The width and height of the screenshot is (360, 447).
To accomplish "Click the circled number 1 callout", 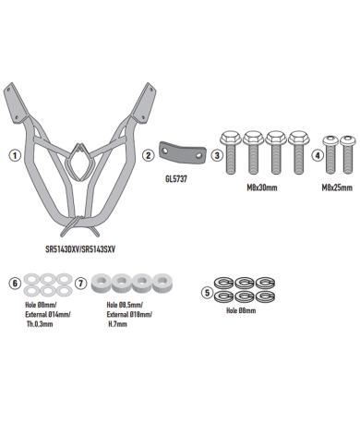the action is (x=15, y=155).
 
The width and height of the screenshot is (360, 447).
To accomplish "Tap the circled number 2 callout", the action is (x=149, y=155).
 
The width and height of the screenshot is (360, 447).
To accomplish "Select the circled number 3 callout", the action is (x=217, y=155).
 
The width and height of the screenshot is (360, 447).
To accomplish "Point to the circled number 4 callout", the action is (x=318, y=155).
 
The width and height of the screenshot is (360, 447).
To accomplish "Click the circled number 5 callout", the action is (x=207, y=293).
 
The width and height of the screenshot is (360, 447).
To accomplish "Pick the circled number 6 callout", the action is (x=15, y=283).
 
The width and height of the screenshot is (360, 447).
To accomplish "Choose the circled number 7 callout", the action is (x=81, y=283).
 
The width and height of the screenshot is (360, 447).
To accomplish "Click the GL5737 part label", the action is (x=176, y=179).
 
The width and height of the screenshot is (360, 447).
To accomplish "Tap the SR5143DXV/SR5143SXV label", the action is (x=80, y=249).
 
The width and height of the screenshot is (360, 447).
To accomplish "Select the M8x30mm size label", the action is (x=262, y=187).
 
